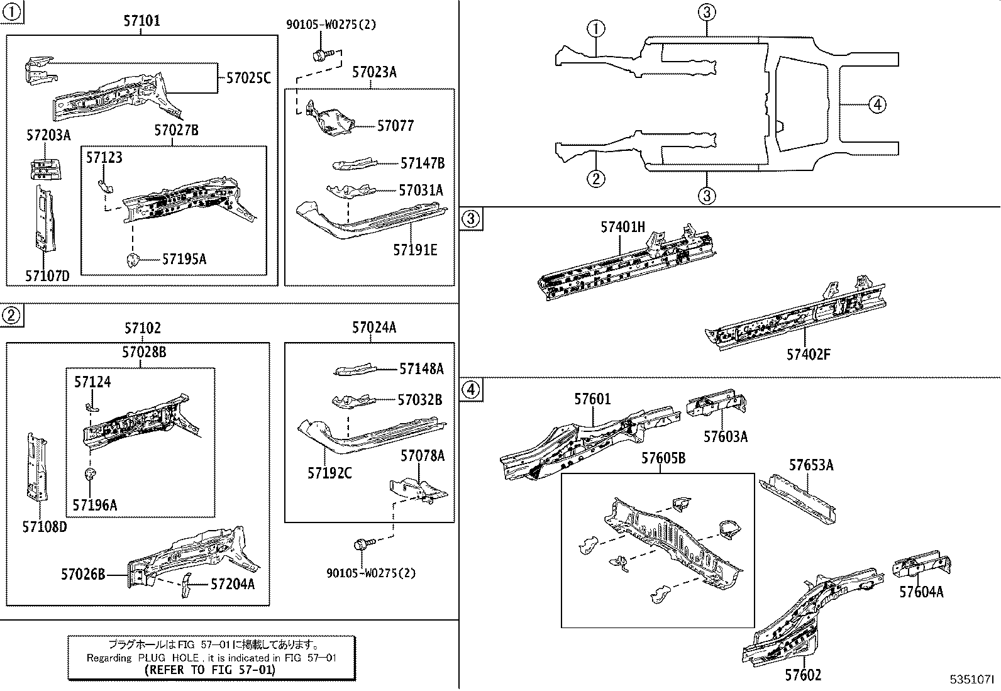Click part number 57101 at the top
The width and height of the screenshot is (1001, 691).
pyautogui.click(x=141, y=21)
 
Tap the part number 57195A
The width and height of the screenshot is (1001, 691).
pyautogui.click(x=184, y=258)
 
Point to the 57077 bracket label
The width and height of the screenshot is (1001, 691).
pyautogui.click(x=395, y=126)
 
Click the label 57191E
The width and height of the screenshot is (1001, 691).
pyautogui.click(x=415, y=250)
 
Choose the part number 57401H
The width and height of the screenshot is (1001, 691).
pyautogui.click(x=622, y=227)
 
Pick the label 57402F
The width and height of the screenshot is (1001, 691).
pyautogui.click(x=808, y=354)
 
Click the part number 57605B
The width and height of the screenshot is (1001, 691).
pyautogui.click(x=663, y=458)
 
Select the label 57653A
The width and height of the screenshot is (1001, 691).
pyautogui.click(x=811, y=465)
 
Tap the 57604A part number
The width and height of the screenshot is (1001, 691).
pyautogui.click(x=921, y=592)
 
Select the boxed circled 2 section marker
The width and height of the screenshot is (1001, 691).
pyautogui.click(x=11, y=316)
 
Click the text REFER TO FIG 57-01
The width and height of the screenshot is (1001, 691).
pyautogui.click(x=210, y=670)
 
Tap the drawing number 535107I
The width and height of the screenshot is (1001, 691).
pyautogui.click(x=971, y=680)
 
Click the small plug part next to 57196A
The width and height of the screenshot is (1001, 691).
pyautogui.click(x=90, y=473)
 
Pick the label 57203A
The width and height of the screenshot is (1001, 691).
pyautogui.click(x=48, y=135)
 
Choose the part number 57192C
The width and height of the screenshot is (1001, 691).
pyautogui.click(x=329, y=473)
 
